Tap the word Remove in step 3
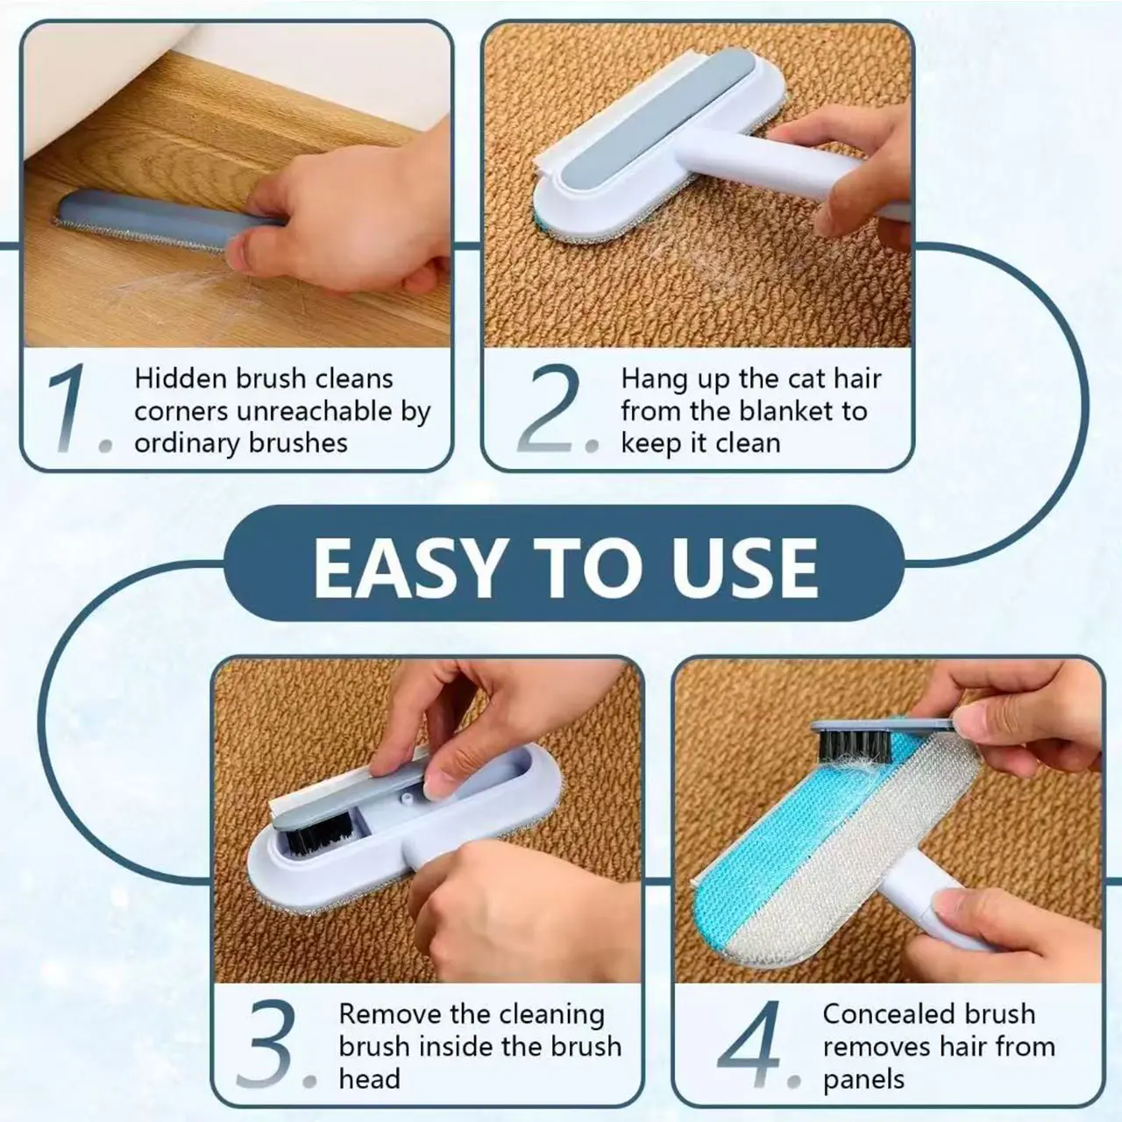389,1014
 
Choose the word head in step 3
369,1078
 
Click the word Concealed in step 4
887,1014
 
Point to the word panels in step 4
863,1080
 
